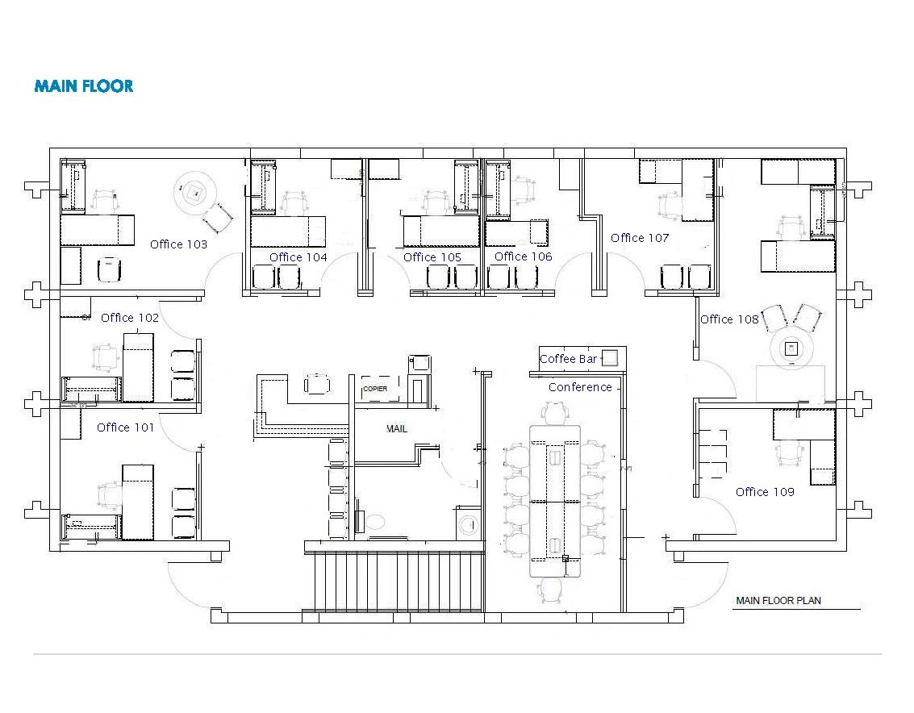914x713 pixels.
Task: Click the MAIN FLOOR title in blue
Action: point(83,86)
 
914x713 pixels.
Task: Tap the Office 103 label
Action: point(178,244)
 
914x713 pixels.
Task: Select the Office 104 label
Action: point(298,257)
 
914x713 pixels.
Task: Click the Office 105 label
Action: point(432,257)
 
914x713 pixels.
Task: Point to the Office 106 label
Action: point(524,256)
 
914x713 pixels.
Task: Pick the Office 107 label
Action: point(640,238)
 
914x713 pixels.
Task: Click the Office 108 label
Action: point(729,319)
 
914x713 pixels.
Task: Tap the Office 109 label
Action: point(765,492)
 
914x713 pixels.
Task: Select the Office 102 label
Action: point(130,318)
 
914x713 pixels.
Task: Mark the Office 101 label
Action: point(125,427)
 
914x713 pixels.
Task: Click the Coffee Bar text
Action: point(568,359)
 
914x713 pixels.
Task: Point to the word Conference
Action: point(580,387)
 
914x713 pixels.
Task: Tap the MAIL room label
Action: point(397,428)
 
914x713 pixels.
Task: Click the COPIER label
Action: point(375,389)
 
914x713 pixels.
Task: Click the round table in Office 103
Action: point(194,192)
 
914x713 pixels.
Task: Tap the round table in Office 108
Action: point(792,349)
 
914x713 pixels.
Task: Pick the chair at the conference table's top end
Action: point(554,413)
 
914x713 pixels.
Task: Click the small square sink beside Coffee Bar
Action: point(611,357)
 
